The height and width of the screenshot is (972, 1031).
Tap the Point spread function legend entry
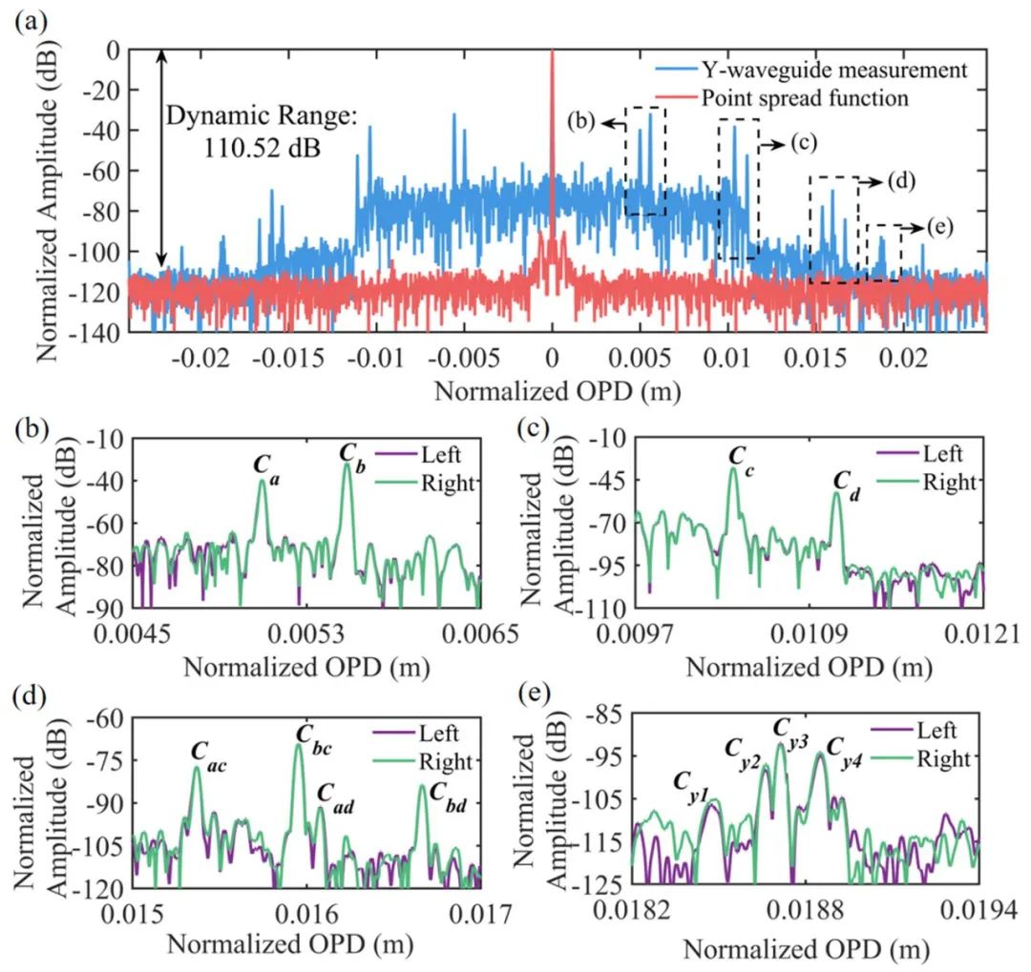coord(804,97)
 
